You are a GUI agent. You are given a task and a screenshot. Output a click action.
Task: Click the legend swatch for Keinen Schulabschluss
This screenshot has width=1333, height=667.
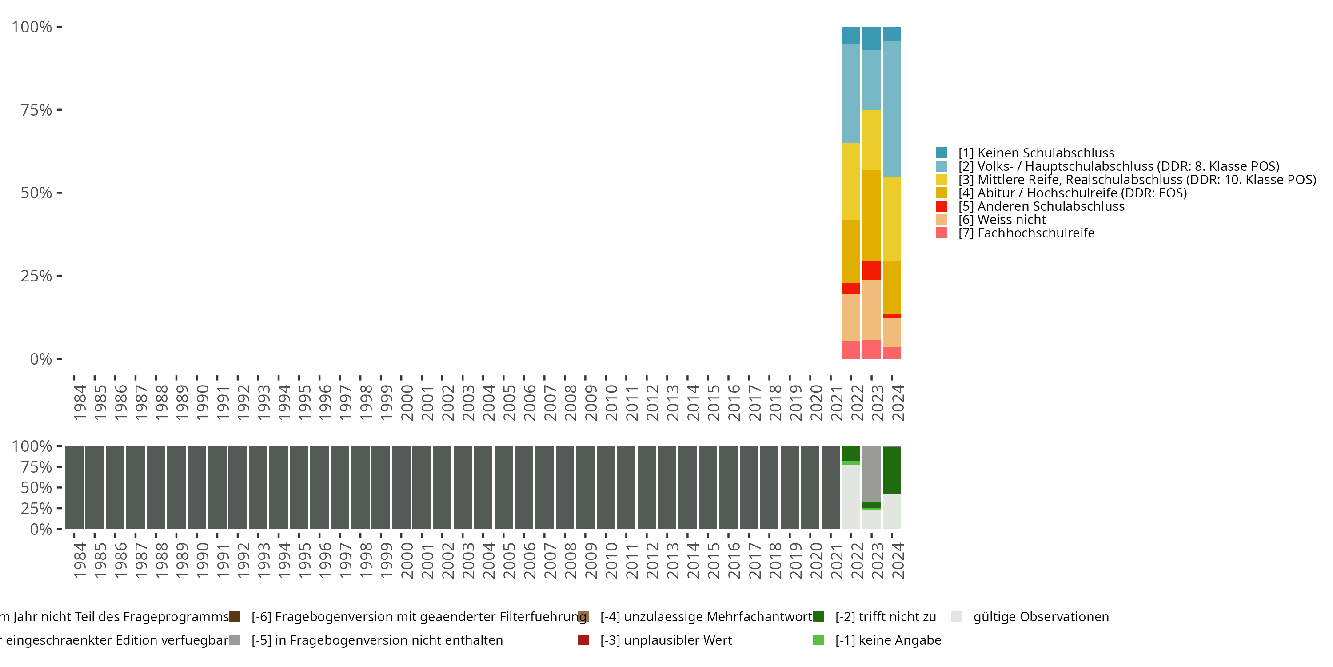pos(941,153)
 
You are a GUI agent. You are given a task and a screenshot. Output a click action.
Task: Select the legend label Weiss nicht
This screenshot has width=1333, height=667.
pos(1011,220)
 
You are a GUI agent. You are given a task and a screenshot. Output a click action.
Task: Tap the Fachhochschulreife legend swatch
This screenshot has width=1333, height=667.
pos(941,233)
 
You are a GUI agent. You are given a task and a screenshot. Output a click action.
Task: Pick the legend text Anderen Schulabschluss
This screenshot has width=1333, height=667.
pos(1050,206)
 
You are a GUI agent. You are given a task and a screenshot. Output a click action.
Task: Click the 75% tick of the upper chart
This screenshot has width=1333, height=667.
pos(36,110)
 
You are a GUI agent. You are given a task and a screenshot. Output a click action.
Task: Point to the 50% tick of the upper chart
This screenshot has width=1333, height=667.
pos(36,193)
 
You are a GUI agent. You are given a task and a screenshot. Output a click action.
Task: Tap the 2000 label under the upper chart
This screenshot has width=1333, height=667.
pos(407,402)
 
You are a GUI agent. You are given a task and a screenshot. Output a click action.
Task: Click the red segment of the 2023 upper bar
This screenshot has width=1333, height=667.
pos(871,270)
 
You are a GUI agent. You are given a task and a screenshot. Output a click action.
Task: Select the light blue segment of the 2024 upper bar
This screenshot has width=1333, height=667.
pos(892,109)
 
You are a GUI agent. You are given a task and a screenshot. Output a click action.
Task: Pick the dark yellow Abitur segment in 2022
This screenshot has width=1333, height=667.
pos(851,251)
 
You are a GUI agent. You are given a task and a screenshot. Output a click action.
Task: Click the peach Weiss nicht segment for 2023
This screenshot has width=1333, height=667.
pos(871,309)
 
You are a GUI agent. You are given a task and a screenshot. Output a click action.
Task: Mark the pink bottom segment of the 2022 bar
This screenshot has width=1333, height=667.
pos(851,350)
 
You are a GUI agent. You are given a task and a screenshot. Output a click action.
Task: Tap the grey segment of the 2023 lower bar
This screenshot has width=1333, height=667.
pos(871,474)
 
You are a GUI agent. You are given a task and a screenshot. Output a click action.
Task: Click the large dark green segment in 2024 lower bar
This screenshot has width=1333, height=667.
pos(892,470)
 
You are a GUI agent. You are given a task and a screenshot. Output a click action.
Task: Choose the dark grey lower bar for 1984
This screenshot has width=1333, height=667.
pos(74,487)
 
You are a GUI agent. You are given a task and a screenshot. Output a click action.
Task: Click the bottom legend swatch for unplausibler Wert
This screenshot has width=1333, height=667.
pos(583,640)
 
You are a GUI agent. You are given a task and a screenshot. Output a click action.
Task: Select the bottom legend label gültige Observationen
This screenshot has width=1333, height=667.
pos(1041,617)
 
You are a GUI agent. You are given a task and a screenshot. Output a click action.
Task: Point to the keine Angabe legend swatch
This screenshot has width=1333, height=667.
pos(818,640)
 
